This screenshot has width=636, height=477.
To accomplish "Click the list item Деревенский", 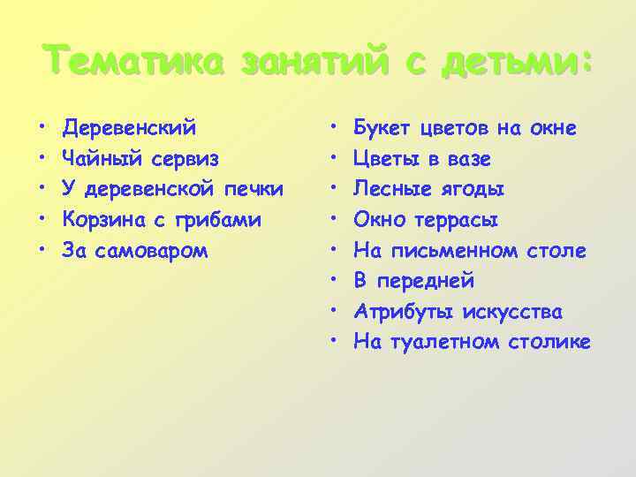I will coord(129,129).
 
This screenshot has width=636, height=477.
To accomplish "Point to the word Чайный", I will coord(97,159).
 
